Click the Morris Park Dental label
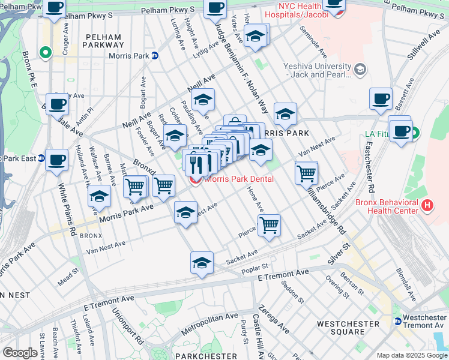pos(240,179)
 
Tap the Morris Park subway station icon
pos(155,55)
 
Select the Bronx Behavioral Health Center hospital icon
pos(427,206)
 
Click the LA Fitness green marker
pos(414,133)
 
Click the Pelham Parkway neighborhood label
pos(102,41)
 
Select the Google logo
pos(20,353)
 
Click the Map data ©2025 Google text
pos(411,355)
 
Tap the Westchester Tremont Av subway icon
pos(397,321)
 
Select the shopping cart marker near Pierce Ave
pos(270,226)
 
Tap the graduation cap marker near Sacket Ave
pos(202,263)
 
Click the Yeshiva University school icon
pos(360,70)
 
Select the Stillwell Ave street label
pos(420,49)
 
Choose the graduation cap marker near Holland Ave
pos(100,197)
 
